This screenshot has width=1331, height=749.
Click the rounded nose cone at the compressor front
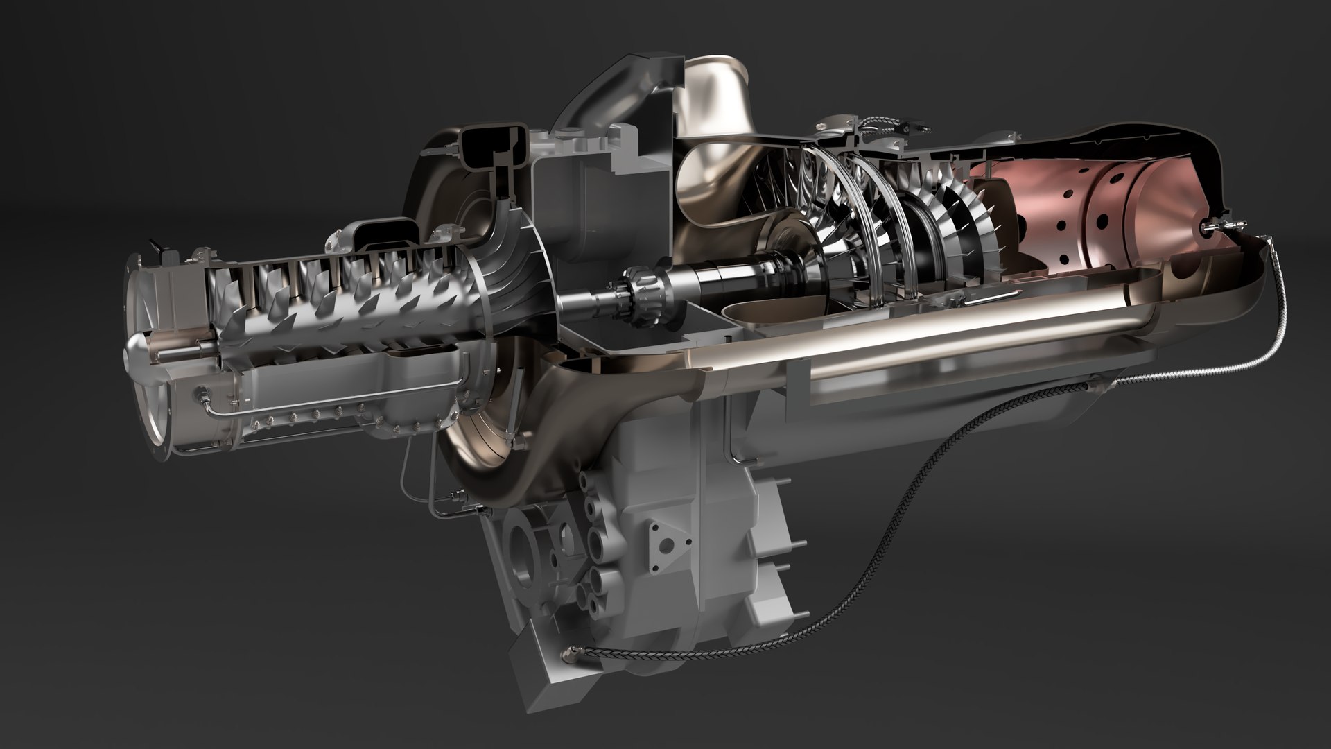pyautogui.click(x=136, y=353)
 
